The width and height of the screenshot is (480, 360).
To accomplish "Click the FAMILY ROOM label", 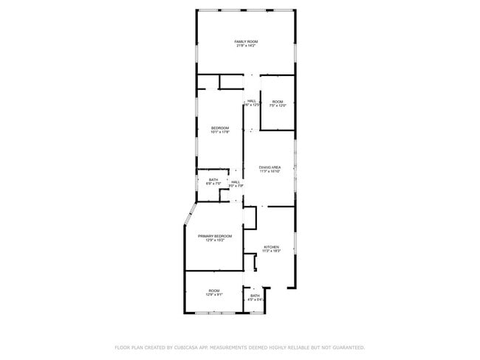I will click(246, 41).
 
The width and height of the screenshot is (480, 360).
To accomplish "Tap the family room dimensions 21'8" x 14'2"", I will click(246, 46).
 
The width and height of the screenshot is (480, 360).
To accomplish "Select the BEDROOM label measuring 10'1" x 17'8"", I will click(220, 128).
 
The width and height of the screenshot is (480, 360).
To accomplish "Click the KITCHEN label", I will click(272, 246).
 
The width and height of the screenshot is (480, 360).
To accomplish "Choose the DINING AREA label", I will click(270, 167).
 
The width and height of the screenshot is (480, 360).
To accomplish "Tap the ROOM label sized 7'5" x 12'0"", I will click(278, 101).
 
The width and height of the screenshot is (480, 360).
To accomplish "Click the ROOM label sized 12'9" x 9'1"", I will click(214, 291).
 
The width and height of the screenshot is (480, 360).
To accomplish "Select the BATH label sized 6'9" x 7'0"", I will click(213, 179).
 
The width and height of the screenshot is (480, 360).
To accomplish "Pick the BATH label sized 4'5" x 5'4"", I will click(255, 296).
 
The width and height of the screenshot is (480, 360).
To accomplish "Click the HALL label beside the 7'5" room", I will click(252, 101).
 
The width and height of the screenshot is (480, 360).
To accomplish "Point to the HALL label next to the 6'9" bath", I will click(236, 181).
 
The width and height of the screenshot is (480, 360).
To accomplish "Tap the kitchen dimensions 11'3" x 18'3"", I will click(272, 251).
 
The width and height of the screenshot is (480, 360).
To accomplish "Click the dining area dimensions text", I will click(270, 172).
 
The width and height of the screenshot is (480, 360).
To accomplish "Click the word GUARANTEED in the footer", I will click(346, 347).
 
